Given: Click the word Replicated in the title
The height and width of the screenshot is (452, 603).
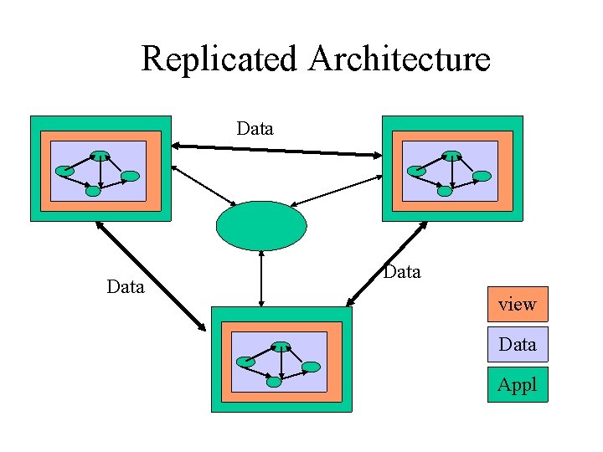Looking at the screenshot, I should point(219,59).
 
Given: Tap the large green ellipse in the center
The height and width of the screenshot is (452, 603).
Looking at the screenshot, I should point(261,226).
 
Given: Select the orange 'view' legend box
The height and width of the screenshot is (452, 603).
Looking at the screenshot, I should point(517,304).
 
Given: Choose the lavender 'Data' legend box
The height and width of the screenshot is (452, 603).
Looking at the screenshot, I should point(517,344).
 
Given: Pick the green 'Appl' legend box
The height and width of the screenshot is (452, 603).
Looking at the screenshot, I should point(517,384).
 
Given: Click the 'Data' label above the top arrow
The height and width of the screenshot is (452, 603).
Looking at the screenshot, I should point(255,128).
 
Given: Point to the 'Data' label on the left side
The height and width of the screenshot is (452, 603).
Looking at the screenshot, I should point(126,287).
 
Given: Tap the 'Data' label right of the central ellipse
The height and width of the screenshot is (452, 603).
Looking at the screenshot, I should point(401,272).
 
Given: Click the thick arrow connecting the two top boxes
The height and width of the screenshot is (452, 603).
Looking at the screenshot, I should point(276,150).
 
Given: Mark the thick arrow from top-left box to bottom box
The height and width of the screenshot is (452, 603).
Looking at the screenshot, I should point(151,275).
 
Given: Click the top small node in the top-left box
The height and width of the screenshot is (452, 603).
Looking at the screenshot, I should point(100,155).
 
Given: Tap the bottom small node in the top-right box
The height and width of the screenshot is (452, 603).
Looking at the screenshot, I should point(445,191).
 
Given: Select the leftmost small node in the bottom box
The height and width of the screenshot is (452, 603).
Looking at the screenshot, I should point(245,362).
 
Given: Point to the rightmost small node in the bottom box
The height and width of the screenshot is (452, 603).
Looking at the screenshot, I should point(311,367).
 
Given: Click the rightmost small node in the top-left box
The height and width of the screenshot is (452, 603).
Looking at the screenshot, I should point(131,177).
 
